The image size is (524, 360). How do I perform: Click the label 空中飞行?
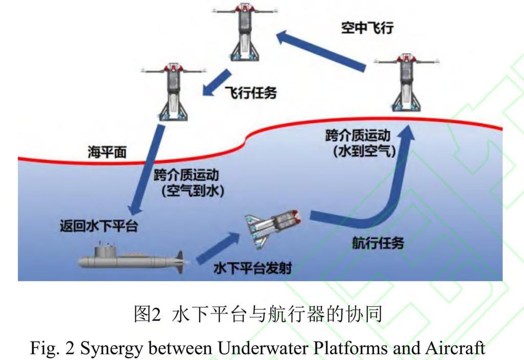pyautogui.click(x=368, y=28)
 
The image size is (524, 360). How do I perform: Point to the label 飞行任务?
pyautogui.click(x=251, y=93)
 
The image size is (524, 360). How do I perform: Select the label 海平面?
pyautogui.click(x=106, y=153)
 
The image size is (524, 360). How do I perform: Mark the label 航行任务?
pyautogui.click(x=378, y=243)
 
